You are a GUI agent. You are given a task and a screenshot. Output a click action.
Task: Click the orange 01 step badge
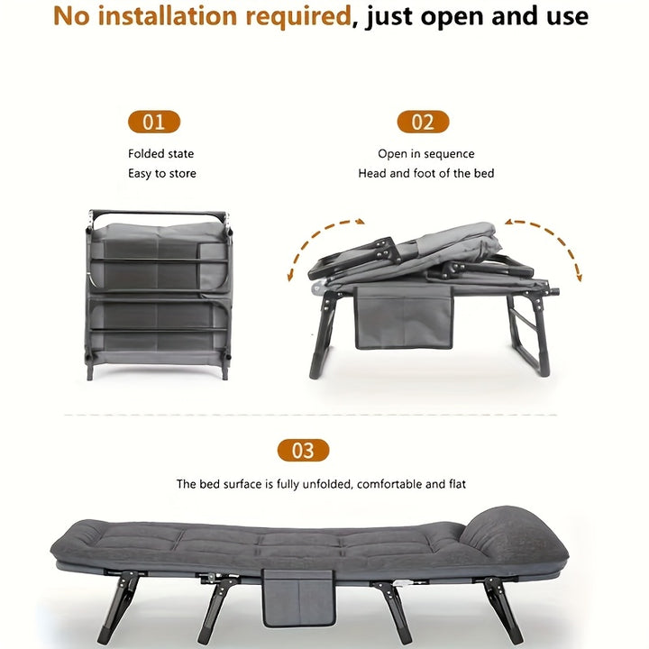pyautogui.click(x=154, y=123)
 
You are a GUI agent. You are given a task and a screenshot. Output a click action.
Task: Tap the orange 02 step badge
pyautogui.click(x=423, y=123)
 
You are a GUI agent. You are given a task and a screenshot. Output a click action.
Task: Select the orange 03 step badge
pyautogui.click(x=303, y=451)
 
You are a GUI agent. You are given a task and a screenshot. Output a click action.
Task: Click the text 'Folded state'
pyautogui.click(x=161, y=154)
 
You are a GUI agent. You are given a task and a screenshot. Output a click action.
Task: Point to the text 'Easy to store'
pyautogui.click(x=162, y=173)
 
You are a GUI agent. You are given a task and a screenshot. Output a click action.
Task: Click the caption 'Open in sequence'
pyautogui.click(x=426, y=154)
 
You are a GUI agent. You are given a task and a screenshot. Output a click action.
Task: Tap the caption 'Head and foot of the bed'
pyautogui.click(x=426, y=173)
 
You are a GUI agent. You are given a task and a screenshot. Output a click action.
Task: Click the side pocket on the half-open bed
pyautogui.click(x=404, y=317)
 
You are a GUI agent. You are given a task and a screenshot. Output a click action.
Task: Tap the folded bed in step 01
pyautogui.click(x=160, y=293)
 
